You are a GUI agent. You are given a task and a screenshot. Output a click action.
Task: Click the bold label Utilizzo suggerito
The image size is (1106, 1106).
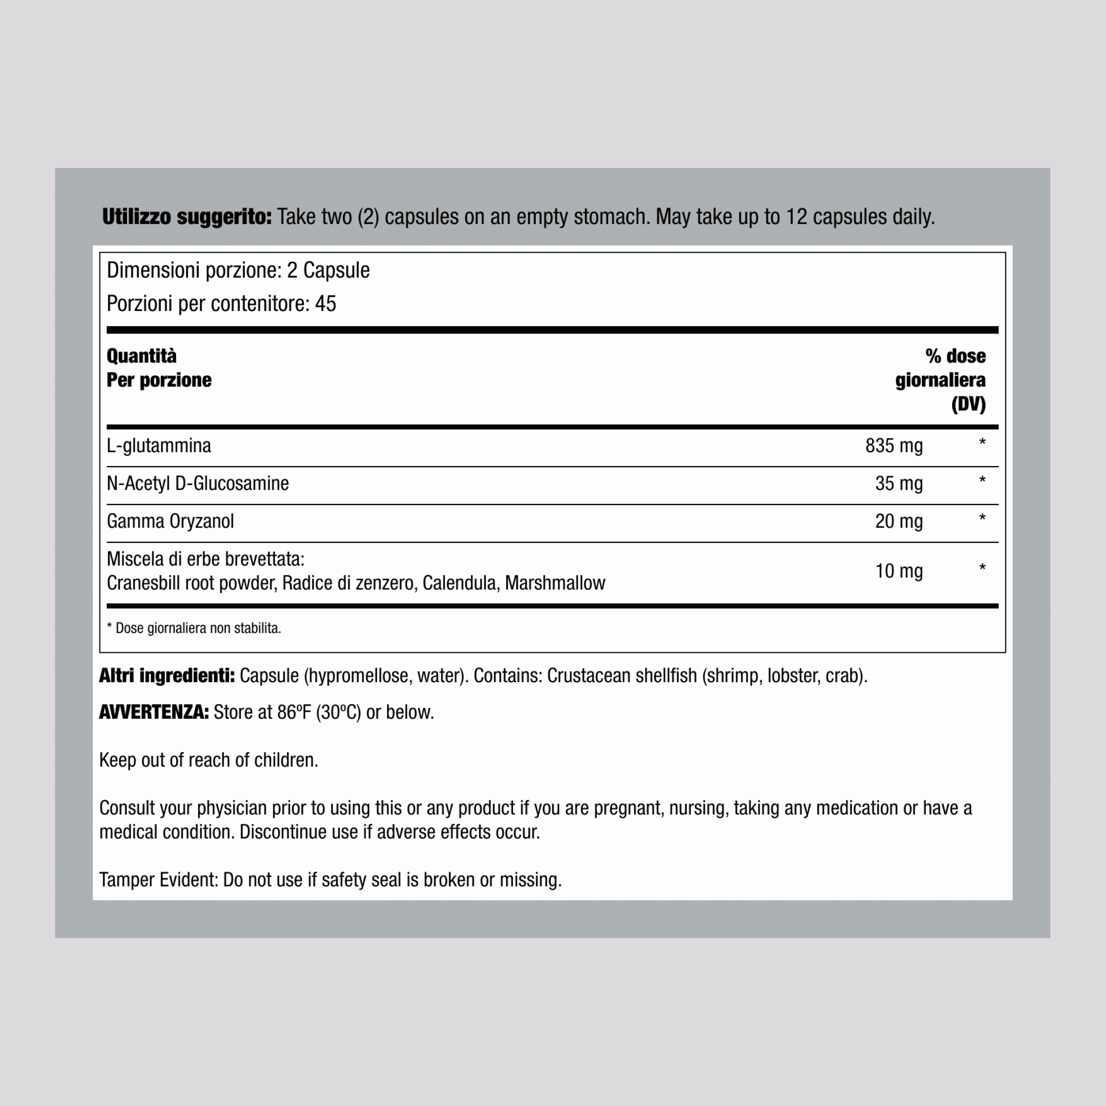pyautogui.click(x=187, y=217)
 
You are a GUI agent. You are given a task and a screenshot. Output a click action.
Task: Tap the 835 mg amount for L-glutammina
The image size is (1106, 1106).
pyautogui.click(x=894, y=446)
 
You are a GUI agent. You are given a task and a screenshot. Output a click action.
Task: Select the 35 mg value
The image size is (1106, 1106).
pyautogui.click(x=899, y=484)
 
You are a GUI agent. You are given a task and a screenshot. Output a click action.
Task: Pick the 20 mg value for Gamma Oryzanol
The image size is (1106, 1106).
pyautogui.click(x=899, y=522)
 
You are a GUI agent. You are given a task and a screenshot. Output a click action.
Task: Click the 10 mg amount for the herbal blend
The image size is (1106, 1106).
pyautogui.click(x=899, y=571)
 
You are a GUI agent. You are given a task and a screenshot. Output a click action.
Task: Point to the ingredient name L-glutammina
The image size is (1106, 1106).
pyautogui.click(x=159, y=446)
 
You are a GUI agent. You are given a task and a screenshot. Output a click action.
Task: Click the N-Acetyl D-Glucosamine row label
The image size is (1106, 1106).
pyautogui.click(x=198, y=484)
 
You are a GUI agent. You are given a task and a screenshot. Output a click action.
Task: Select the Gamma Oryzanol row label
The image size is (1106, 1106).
pyautogui.click(x=170, y=522)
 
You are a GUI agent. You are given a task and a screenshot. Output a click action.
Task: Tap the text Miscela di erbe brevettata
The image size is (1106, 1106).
pyautogui.click(x=205, y=559)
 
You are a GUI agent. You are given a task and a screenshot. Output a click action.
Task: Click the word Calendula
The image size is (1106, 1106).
pyautogui.click(x=459, y=583)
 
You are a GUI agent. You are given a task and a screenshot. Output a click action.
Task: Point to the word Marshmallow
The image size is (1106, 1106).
pyautogui.click(x=555, y=583)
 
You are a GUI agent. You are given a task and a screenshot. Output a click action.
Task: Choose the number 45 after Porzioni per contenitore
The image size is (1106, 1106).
pyautogui.click(x=325, y=304)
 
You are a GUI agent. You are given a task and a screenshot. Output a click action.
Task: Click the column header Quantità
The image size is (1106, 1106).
pyautogui.click(x=141, y=356)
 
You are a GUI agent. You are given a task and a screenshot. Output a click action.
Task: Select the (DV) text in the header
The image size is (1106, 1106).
pyautogui.click(x=968, y=404)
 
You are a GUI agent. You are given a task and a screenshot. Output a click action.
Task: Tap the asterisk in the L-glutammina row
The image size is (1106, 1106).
pyautogui.click(x=982, y=443)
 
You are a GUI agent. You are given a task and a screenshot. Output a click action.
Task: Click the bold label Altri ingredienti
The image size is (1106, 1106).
pyautogui.click(x=166, y=676)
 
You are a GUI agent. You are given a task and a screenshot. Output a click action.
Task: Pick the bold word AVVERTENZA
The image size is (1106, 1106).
pyautogui.click(x=153, y=712)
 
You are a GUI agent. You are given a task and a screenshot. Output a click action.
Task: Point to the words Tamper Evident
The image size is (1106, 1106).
pyautogui.click(x=158, y=880)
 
